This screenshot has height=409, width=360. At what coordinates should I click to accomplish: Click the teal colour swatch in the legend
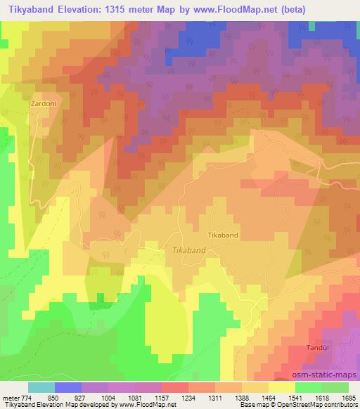coord(41,387)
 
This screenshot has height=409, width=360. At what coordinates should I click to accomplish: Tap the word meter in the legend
coord(11,398)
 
